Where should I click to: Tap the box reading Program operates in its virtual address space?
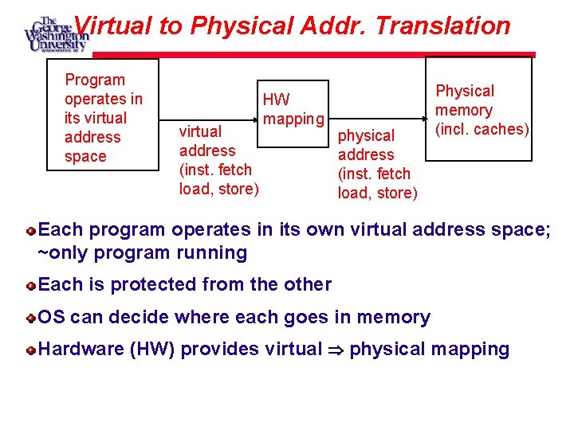110,116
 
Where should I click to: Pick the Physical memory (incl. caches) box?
478,109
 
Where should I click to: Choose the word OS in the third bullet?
52,318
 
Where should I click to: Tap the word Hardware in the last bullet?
80,349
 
